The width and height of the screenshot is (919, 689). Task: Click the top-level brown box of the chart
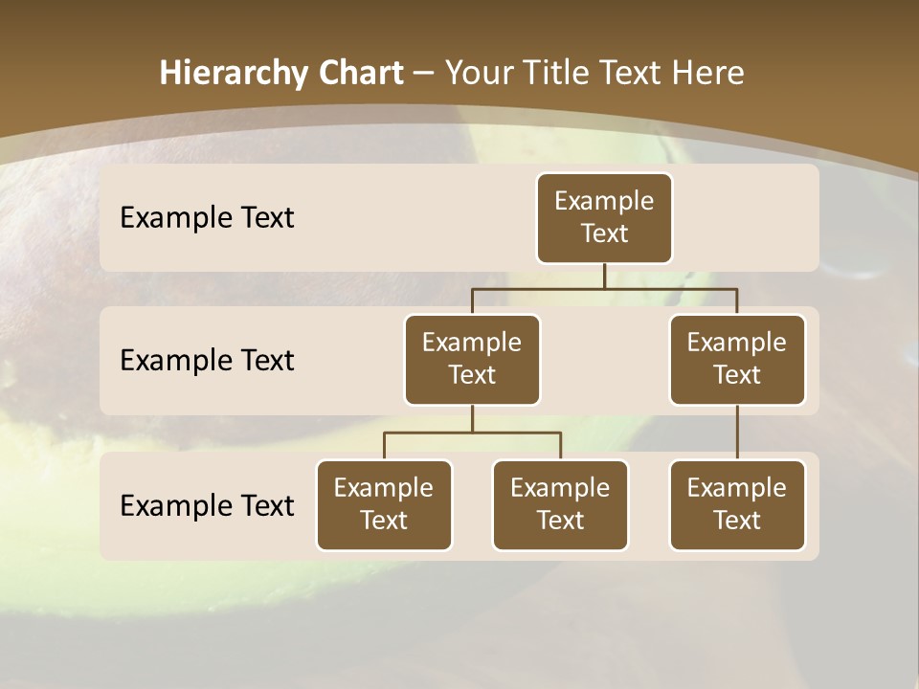pos(604,217)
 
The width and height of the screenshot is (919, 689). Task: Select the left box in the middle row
pos(472,359)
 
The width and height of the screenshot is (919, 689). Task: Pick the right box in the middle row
pos(737,359)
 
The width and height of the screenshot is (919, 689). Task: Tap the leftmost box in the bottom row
pos(384,504)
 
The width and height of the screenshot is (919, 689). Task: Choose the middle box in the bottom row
pos(560,504)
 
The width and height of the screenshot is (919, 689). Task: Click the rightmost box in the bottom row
pos(737,504)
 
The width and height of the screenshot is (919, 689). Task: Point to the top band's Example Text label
pos(207,218)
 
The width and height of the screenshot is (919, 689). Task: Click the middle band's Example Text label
pos(207,361)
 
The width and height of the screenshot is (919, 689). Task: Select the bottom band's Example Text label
pos(207,505)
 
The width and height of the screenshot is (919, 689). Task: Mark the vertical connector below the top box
pos(604,276)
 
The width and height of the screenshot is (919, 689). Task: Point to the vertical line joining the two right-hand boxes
pos(737,433)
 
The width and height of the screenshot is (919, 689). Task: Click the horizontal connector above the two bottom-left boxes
pos(472,433)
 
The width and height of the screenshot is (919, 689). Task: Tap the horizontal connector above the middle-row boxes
pos(604,288)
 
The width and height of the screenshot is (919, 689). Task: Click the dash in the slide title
pos(424,74)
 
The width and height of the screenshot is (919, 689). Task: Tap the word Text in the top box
pos(604,233)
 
